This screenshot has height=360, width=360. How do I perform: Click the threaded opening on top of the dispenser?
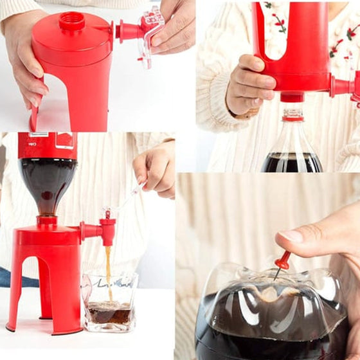[x=72, y=22]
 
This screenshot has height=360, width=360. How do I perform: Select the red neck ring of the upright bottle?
[x=292, y=115]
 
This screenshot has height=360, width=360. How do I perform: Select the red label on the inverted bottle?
[x=46, y=145]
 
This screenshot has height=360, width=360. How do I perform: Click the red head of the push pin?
[x=283, y=260]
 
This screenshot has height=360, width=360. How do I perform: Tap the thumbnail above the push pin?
[x=293, y=235]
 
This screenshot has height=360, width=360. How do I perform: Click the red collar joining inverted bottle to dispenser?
[x=46, y=221]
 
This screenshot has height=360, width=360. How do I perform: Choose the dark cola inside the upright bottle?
[x=291, y=162]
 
